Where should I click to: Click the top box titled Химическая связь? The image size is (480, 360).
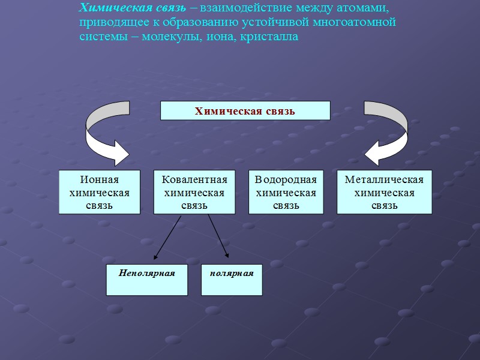pos(245,110)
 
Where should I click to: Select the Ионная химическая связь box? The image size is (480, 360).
pos(100,192)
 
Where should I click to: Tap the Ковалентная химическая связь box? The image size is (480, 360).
pos(194,192)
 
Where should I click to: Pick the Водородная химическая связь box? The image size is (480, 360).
pos(286,192)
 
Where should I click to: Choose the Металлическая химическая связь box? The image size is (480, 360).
pos(385,192)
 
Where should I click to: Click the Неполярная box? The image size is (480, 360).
pos(147,280)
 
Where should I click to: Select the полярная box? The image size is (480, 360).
pos(232,280)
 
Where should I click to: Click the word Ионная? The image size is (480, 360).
pos(100,180)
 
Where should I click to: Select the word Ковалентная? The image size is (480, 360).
pos(194,180)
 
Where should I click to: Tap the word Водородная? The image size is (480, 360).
pos(286,180)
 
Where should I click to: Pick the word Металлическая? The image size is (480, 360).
pos(385,180)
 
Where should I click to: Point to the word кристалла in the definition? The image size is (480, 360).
pos(271,37)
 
